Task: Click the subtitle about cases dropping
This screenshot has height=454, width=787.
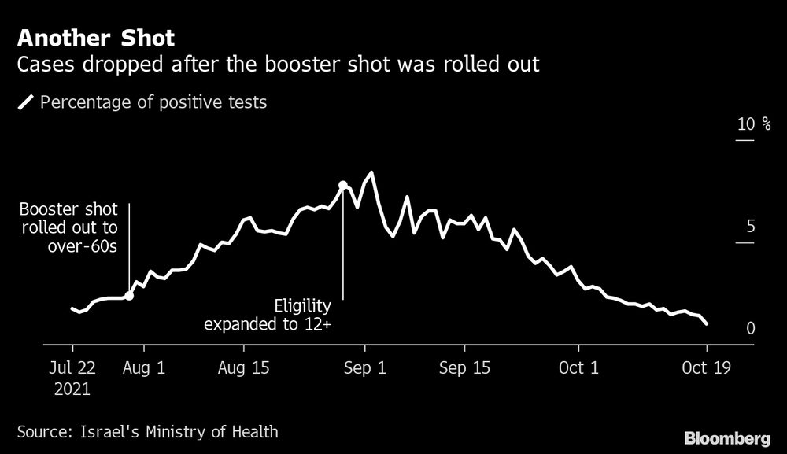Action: (278, 65)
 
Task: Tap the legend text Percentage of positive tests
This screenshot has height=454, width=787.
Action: (153, 102)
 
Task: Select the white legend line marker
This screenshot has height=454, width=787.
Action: (26, 102)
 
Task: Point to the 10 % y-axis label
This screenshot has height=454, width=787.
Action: (754, 124)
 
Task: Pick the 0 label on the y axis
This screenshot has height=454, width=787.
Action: (750, 328)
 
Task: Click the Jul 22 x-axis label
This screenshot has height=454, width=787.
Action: (72, 367)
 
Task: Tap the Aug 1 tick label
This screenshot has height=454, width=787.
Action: (145, 367)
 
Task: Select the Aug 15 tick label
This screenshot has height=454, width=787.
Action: (244, 367)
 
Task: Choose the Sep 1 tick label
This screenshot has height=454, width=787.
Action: (365, 367)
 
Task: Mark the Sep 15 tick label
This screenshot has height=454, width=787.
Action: (464, 367)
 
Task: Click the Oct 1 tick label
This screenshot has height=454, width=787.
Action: (578, 367)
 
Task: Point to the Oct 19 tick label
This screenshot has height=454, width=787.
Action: (707, 367)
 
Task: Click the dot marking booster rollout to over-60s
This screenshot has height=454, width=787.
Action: (129, 296)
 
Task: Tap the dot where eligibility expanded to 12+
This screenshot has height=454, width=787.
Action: (343, 186)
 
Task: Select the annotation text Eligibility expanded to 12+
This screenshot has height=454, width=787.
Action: (268, 315)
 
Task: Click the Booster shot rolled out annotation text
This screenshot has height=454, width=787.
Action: (68, 228)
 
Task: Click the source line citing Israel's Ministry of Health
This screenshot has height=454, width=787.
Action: (147, 431)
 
